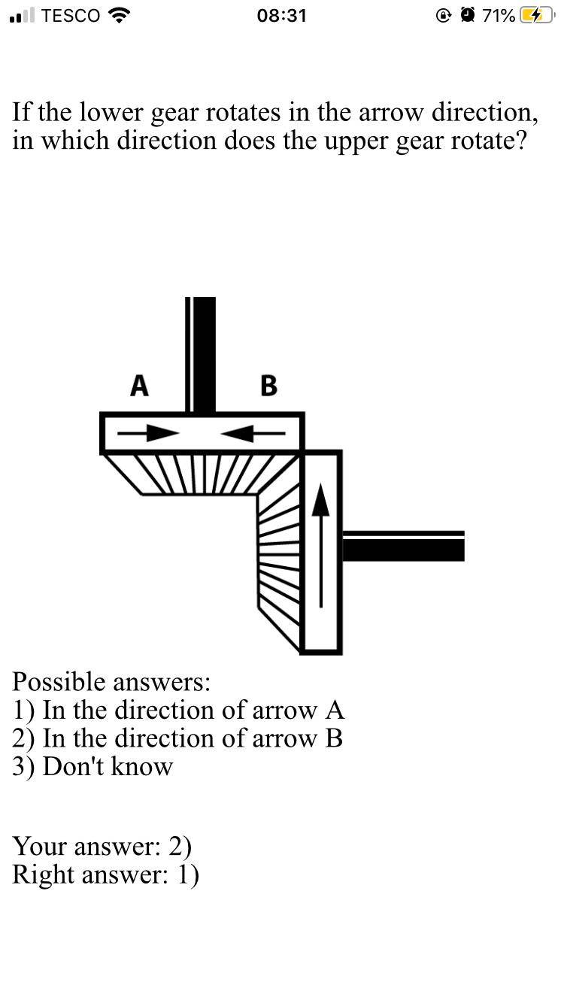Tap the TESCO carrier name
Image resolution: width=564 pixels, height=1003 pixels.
pyautogui.click(x=71, y=16)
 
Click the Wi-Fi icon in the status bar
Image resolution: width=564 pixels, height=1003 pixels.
pyautogui.click(x=119, y=15)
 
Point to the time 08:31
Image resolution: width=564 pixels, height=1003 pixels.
pyautogui.click(x=281, y=16)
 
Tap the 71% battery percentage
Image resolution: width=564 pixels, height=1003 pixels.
pyautogui.click(x=499, y=16)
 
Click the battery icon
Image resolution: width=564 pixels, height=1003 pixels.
pyautogui.click(x=536, y=16)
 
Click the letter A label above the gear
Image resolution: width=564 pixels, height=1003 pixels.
pyautogui.click(x=139, y=386)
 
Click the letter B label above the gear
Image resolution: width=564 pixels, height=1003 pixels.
pyautogui.click(x=268, y=386)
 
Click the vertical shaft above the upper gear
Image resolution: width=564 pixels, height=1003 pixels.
pyautogui.click(x=201, y=353)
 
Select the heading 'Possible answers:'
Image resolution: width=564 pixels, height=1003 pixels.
pyautogui.click(x=111, y=682)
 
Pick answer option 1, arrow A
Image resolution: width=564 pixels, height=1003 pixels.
pyautogui.click(x=178, y=710)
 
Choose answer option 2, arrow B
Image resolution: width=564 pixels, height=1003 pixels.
pyautogui.click(x=177, y=738)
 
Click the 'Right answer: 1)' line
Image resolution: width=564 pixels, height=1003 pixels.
pyautogui.click(x=105, y=875)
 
